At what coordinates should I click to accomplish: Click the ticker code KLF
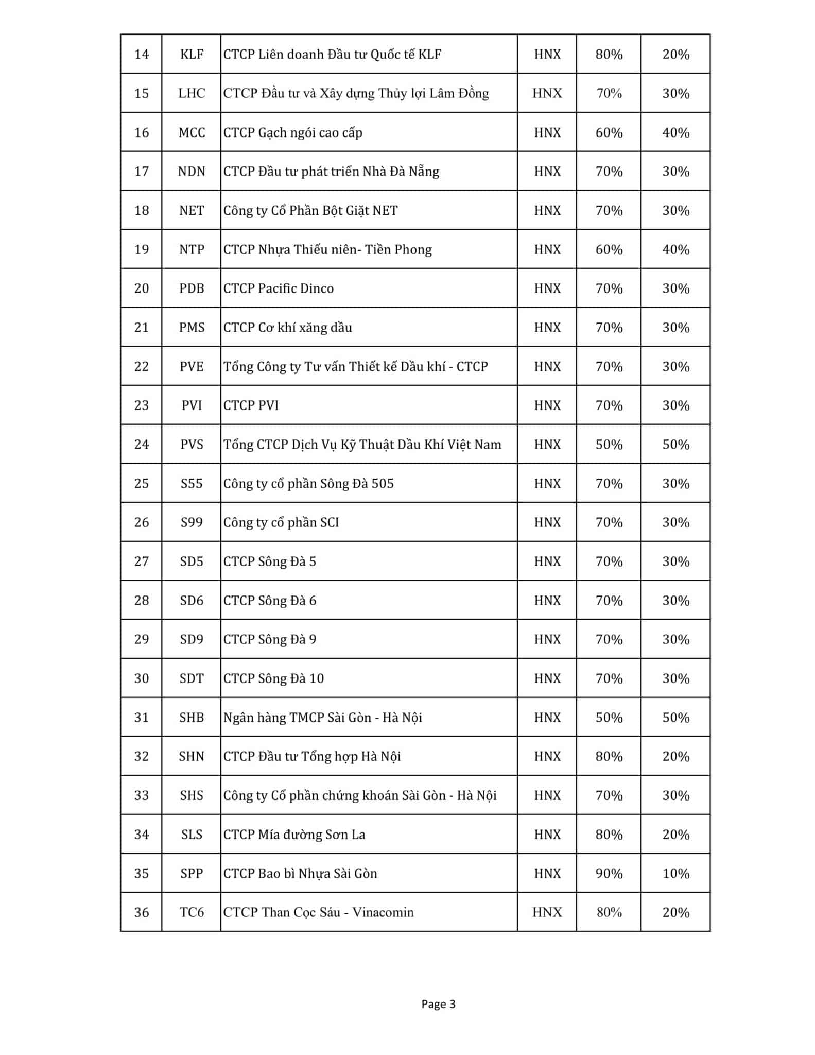coord(192,54)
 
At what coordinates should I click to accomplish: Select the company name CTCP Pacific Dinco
coord(278,288)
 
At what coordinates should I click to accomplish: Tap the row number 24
coord(141,444)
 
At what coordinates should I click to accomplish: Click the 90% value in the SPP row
coord(609,873)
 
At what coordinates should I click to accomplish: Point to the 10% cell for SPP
coord(675,873)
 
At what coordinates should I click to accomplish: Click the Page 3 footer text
coord(438,1003)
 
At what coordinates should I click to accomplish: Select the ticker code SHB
coord(192,717)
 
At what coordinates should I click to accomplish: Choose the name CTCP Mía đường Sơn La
coord(294,834)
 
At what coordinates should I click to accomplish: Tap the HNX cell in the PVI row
coord(547,405)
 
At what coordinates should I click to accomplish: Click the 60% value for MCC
coord(609,132)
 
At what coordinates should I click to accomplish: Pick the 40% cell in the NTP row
coord(675,249)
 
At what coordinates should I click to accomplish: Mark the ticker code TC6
coord(192,912)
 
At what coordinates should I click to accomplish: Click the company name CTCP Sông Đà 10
coord(273,678)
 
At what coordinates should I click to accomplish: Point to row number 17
coord(141,171)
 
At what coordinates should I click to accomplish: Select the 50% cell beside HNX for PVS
coord(609,444)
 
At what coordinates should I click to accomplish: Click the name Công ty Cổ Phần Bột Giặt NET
coord(310,210)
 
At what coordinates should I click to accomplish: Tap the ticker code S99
coord(192,522)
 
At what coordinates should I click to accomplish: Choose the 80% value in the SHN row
coord(609,756)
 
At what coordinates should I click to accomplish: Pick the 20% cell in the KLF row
coord(675,54)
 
